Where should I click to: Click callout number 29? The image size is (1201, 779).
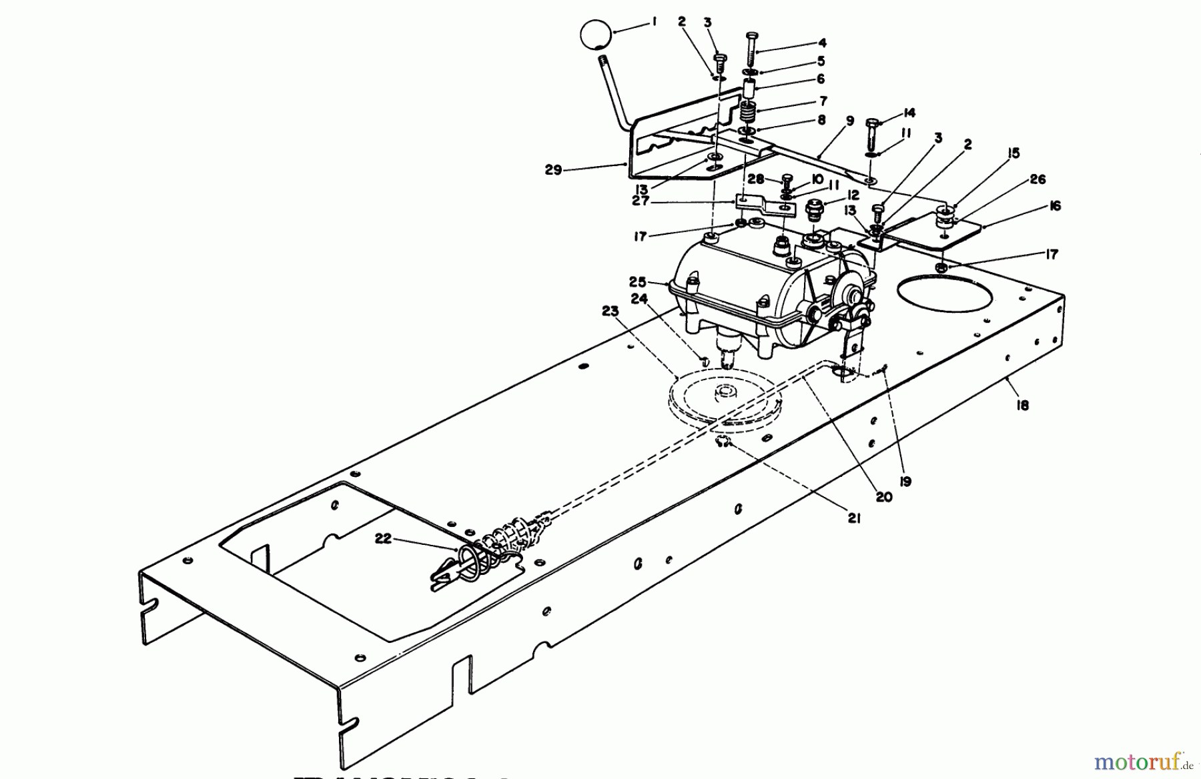coord(553,170)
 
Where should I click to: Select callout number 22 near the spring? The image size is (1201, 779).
coord(382,539)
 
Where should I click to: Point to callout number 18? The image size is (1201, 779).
coord(1022,404)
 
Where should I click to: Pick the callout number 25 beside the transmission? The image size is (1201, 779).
coord(637,281)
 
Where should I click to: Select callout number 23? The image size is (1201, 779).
coord(610,311)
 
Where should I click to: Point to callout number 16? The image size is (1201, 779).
coord(1054,206)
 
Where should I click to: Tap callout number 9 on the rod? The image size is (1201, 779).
coord(849,121)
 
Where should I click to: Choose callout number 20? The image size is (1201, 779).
coord(883,497)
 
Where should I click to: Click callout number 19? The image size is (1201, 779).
coord(905,481)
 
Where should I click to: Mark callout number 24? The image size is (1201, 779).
coord(639,299)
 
